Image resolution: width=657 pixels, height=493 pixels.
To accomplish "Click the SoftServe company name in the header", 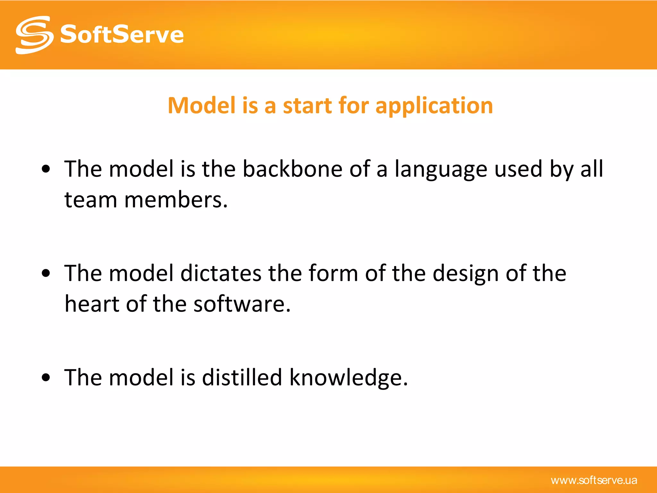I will [x=122, y=35].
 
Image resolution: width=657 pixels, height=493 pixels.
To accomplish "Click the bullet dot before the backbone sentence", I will [x=46, y=169].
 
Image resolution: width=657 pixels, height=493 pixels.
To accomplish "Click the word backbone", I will [x=292, y=169].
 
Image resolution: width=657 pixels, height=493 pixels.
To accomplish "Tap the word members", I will [x=176, y=200].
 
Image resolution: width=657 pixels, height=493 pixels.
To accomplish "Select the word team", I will [x=91, y=200].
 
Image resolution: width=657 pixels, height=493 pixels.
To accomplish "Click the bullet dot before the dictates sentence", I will [x=46, y=273].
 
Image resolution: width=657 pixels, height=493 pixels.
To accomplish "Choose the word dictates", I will [x=221, y=273].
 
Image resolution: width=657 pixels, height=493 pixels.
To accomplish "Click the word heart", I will [x=91, y=304].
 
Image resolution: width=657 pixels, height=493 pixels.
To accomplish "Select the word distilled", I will [x=242, y=377].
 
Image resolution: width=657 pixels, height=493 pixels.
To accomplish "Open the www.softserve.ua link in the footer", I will [x=594, y=480].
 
